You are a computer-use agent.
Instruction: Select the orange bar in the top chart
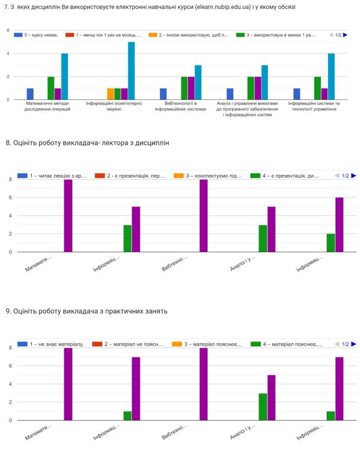click(x=110, y=94)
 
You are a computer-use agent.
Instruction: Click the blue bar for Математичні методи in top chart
click(x=30, y=94)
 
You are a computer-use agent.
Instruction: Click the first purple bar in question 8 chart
click(x=68, y=216)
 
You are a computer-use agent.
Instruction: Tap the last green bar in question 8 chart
click(x=330, y=243)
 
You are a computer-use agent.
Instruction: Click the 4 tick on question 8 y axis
click(x=9, y=216)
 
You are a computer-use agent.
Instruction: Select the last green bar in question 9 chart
click(x=330, y=416)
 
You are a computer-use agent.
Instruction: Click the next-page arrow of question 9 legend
click(x=354, y=344)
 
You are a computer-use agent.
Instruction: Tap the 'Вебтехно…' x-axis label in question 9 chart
click(x=175, y=438)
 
